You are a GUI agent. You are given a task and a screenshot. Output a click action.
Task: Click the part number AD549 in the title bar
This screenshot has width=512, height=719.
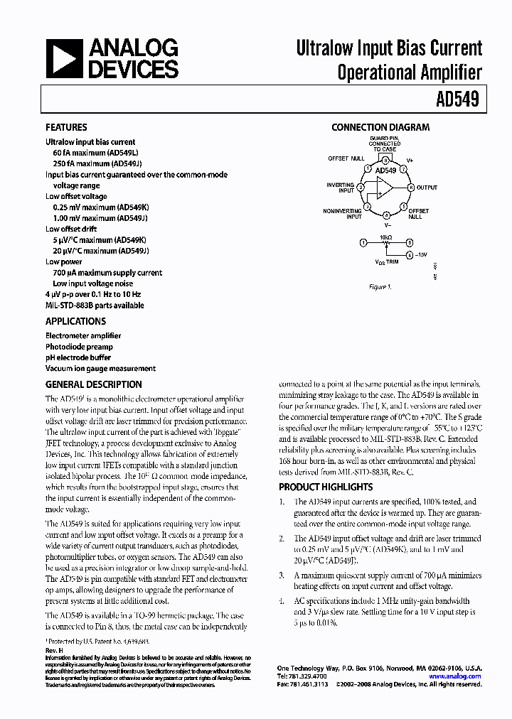[x=460, y=100]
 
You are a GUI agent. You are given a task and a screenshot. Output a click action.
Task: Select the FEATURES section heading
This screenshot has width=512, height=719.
[x=66, y=128]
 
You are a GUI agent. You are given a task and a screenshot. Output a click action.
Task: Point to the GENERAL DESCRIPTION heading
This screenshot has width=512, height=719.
[x=93, y=384]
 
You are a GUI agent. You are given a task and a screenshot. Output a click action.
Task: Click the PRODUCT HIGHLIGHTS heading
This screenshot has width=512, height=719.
[x=325, y=487]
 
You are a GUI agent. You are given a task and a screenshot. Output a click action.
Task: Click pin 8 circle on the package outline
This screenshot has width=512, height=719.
[x=385, y=161]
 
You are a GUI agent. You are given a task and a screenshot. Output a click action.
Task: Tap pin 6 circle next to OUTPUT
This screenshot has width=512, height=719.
[x=410, y=188]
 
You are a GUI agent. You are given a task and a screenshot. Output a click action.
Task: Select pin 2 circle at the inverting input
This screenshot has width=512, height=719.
[x=361, y=188]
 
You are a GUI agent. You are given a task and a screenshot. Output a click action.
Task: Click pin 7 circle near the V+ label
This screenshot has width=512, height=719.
[x=403, y=170]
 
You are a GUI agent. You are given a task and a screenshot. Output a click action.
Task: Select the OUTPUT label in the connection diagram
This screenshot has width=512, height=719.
[x=427, y=188]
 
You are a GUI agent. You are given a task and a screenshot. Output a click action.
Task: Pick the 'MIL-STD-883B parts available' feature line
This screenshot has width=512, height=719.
[x=95, y=306]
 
